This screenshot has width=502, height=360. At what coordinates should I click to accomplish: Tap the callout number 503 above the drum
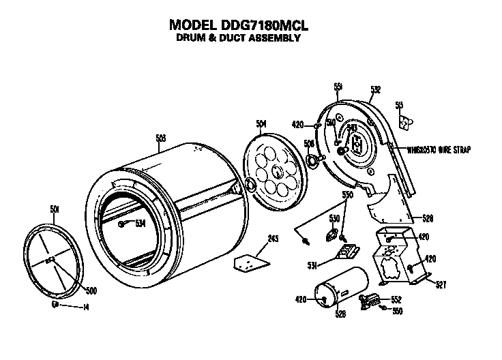click(x=161, y=138)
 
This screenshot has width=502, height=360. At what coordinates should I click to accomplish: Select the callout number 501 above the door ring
click(x=55, y=209)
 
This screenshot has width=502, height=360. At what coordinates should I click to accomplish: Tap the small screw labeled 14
click(x=55, y=305)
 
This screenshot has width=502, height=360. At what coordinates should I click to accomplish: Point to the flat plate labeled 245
click(x=250, y=260)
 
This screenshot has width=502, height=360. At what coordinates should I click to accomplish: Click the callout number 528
click(x=428, y=218)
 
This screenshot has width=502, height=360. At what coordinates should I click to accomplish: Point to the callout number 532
click(x=375, y=89)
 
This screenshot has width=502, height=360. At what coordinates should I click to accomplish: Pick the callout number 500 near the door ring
click(x=91, y=290)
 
